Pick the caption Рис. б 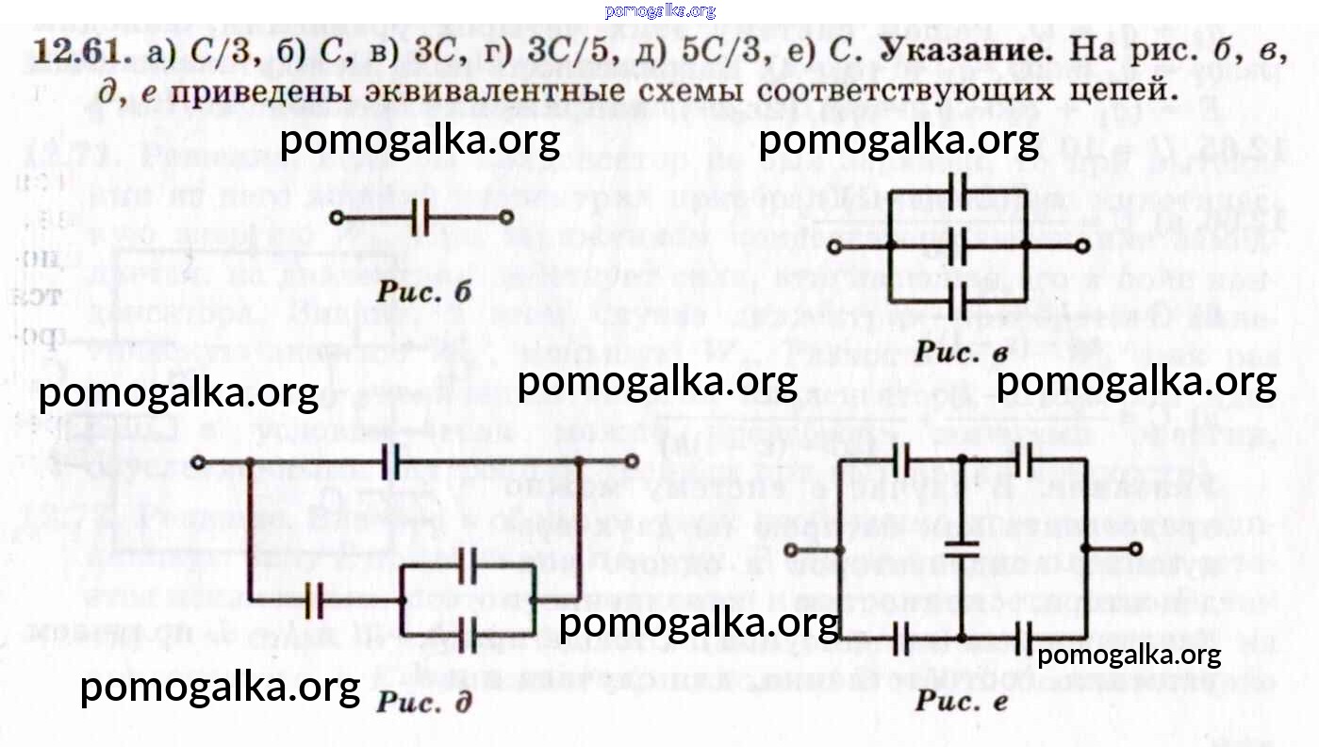pyautogui.click(x=423, y=291)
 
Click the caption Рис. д pyautogui.click(x=423, y=703)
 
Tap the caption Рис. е pyautogui.click(x=962, y=703)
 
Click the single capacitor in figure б pyautogui.click(x=420, y=217)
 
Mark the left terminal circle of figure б pyautogui.click(x=338, y=217)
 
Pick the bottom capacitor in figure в pyautogui.click(x=957, y=301)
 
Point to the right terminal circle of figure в pyautogui.click(x=1082, y=245)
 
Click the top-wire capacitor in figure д pyautogui.click(x=391, y=462)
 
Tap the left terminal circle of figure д pyautogui.click(x=198, y=462)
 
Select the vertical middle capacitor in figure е pyautogui.click(x=963, y=547)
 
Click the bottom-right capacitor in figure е pyautogui.click(x=1025, y=640)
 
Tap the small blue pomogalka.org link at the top pyautogui.click(x=660, y=11)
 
